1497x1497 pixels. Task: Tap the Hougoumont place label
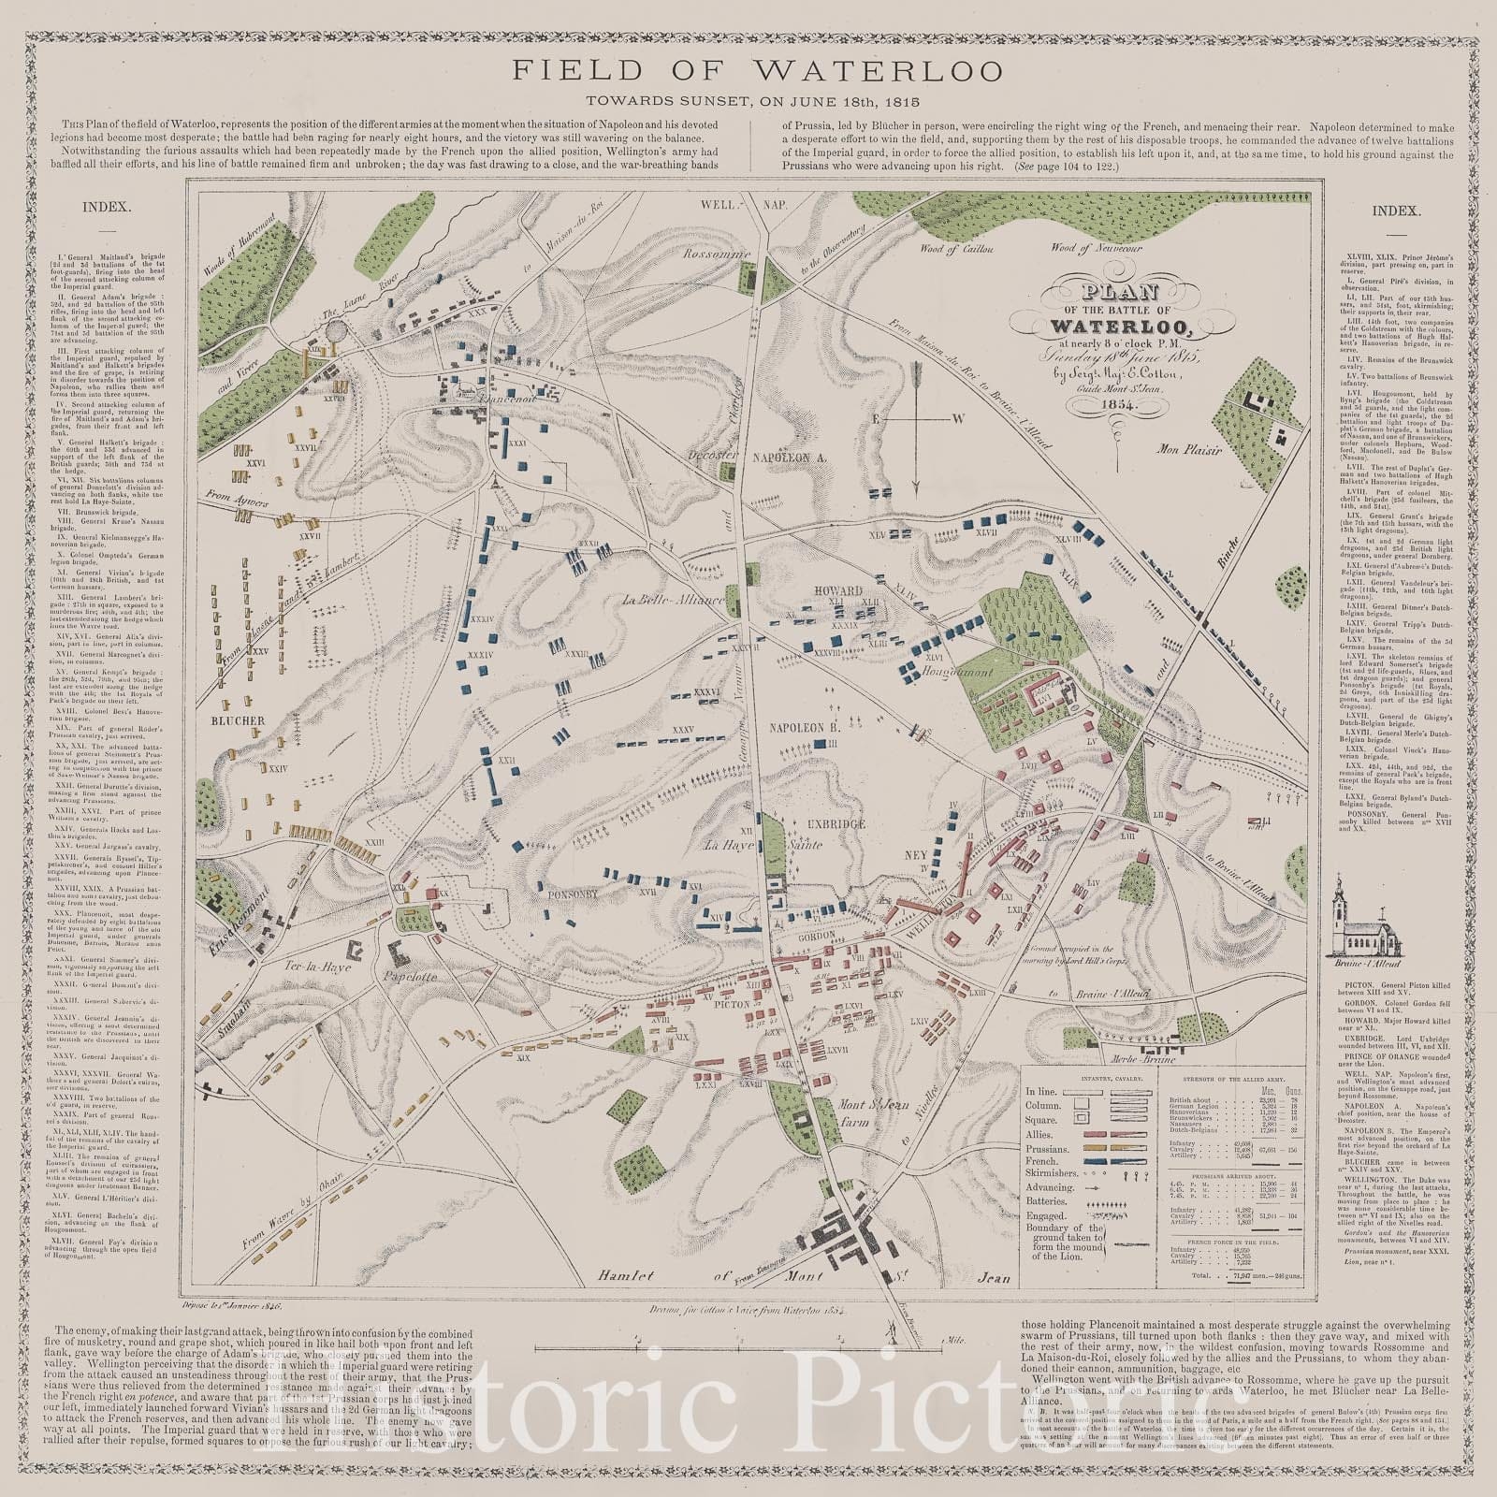pyautogui.click(x=949, y=671)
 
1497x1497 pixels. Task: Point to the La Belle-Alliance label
pyautogui.click(x=673, y=601)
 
